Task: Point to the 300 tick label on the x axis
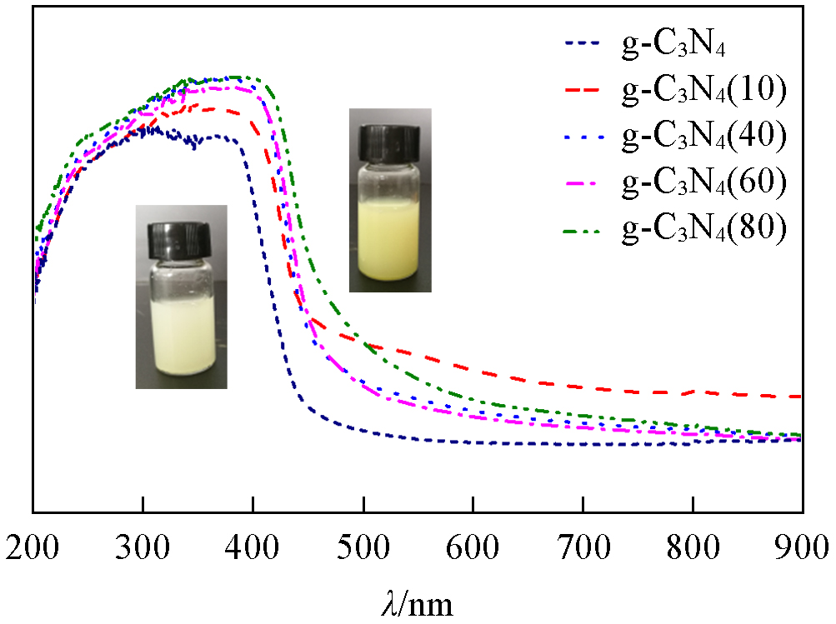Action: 143,550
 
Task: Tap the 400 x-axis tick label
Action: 253,550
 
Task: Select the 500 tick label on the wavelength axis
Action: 363,550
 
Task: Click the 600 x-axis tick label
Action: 473,550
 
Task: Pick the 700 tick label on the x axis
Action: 583,550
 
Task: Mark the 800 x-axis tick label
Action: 693,550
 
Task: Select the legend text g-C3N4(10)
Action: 704,91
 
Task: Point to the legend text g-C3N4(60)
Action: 704,182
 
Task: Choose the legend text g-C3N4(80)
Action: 704,228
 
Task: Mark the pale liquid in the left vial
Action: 181,337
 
